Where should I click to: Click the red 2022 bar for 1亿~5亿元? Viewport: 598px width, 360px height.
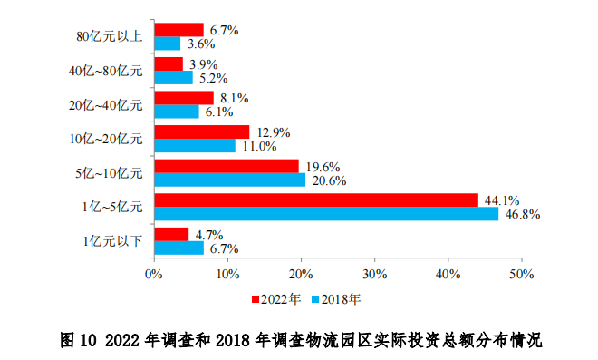316,199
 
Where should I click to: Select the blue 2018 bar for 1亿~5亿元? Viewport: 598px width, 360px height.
326,213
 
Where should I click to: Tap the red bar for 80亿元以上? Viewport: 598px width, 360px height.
178,30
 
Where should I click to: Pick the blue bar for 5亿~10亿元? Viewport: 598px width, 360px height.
230,180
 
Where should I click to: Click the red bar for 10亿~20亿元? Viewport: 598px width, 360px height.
201,132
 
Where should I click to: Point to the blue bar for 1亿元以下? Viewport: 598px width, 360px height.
178,247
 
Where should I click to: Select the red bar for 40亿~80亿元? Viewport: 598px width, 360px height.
169,63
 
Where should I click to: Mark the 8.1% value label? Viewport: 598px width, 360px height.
233,98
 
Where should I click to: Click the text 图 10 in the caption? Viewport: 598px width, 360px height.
77,340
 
